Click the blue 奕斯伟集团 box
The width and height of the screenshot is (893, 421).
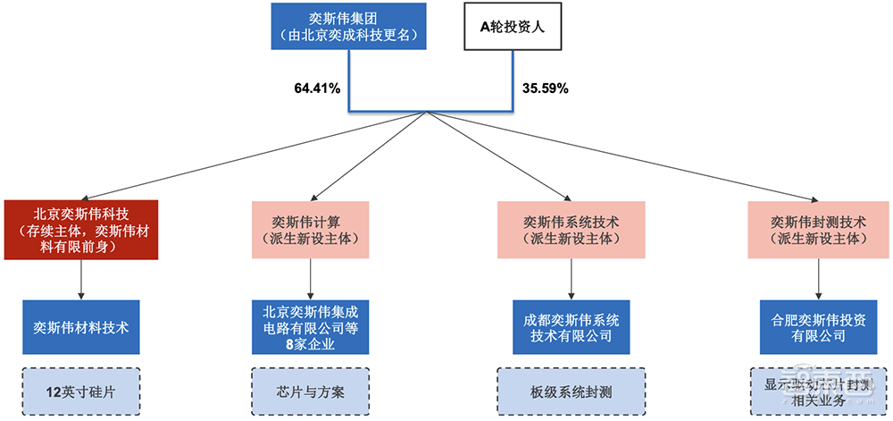347,26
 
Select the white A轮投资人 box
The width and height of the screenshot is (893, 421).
513,26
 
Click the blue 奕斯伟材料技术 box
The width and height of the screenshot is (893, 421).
81,327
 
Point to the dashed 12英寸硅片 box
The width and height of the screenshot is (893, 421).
81,391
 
